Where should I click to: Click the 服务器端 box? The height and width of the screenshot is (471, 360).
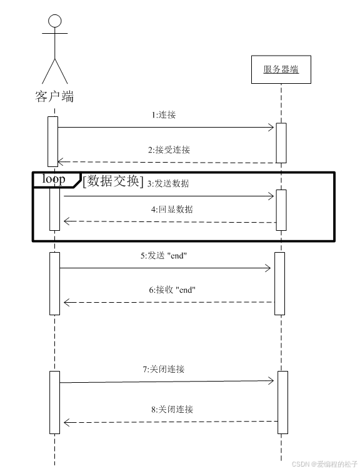tap(281, 69)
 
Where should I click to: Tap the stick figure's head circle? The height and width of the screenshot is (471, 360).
tap(54, 21)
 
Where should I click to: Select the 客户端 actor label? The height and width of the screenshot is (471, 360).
tap(54, 96)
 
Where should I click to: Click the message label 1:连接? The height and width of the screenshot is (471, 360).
tap(167, 115)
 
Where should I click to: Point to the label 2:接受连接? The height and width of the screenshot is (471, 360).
tap(169, 150)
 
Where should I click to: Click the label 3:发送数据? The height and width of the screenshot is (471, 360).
tap(168, 183)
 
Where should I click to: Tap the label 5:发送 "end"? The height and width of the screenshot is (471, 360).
tap(164, 256)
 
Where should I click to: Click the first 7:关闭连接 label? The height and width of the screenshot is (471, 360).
tap(164, 369)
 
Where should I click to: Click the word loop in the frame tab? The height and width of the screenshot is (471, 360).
tap(54, 180)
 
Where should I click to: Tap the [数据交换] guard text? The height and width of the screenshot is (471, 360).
tap(113, 181)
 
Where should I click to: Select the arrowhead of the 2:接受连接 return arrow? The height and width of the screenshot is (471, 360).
tap(61, 163)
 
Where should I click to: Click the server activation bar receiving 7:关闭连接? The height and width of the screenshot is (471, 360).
tap(282, 402)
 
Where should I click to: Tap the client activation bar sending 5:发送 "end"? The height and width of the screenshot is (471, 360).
tap(54, 283)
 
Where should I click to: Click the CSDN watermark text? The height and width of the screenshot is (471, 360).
tap(324, 464)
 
